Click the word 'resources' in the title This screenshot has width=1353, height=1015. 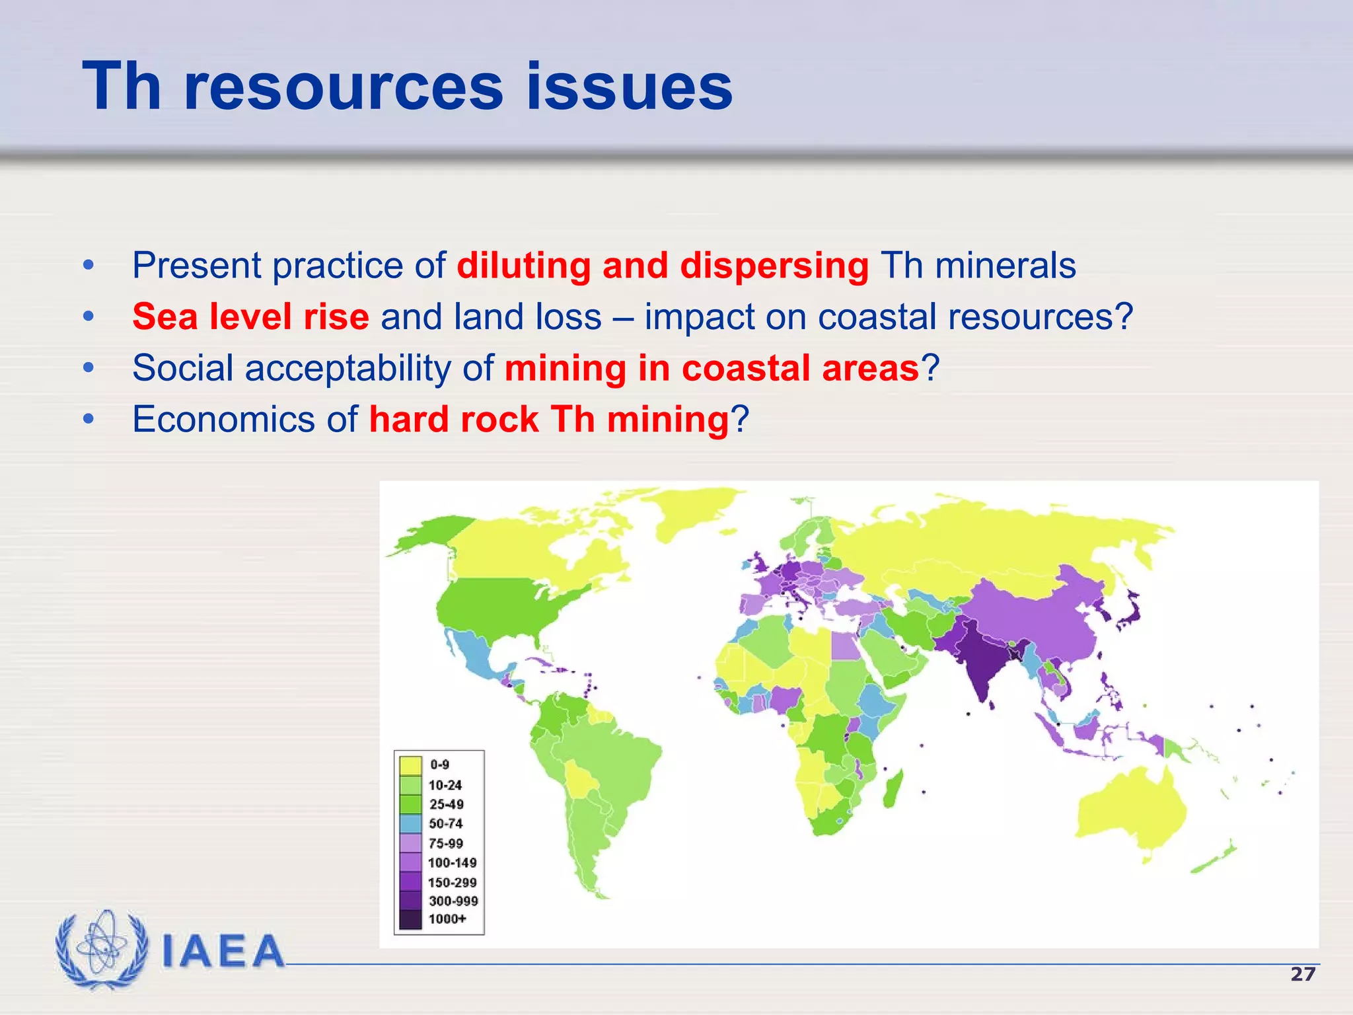(344, 87)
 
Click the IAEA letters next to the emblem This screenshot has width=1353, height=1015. (223, 952)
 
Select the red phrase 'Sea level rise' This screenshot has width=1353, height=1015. (250, 317)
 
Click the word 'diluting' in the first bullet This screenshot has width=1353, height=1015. (523, 266)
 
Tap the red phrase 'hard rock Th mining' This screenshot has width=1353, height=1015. (548, 420)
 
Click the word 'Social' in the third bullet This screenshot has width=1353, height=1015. (182, 368)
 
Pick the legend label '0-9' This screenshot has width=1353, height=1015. (439, 765)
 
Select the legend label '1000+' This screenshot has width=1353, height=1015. (447, 919)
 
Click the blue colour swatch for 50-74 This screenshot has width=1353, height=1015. (410, 823)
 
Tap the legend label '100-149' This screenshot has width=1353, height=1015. (452, 862)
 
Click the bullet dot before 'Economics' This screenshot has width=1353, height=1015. (89, 420)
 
